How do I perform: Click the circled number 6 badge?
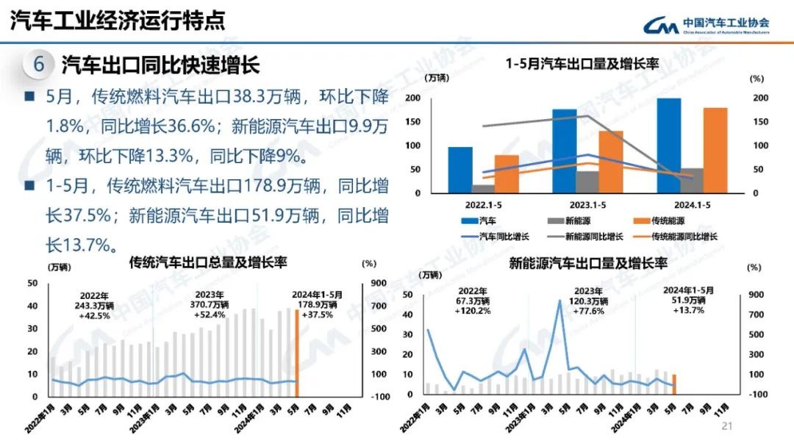coord(38,65)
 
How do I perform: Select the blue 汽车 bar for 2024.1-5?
coord(668,145)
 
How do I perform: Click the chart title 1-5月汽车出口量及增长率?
coord(582,65)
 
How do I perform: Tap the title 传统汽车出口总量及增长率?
coord(207,262)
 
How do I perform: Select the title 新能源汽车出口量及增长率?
coord(588,263)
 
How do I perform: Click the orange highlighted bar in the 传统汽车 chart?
coord(296,353)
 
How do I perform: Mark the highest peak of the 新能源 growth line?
coord(560,300)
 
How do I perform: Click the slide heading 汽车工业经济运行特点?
coord(118,21)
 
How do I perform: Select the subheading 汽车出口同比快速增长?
coord(160,65)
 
